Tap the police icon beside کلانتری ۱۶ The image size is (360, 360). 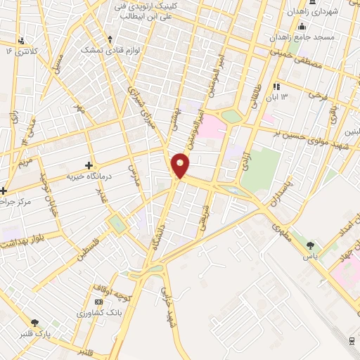[x=22, y=41]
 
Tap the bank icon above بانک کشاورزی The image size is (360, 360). [x=98, y=302]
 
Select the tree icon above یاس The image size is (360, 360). [x=311, y=245]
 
